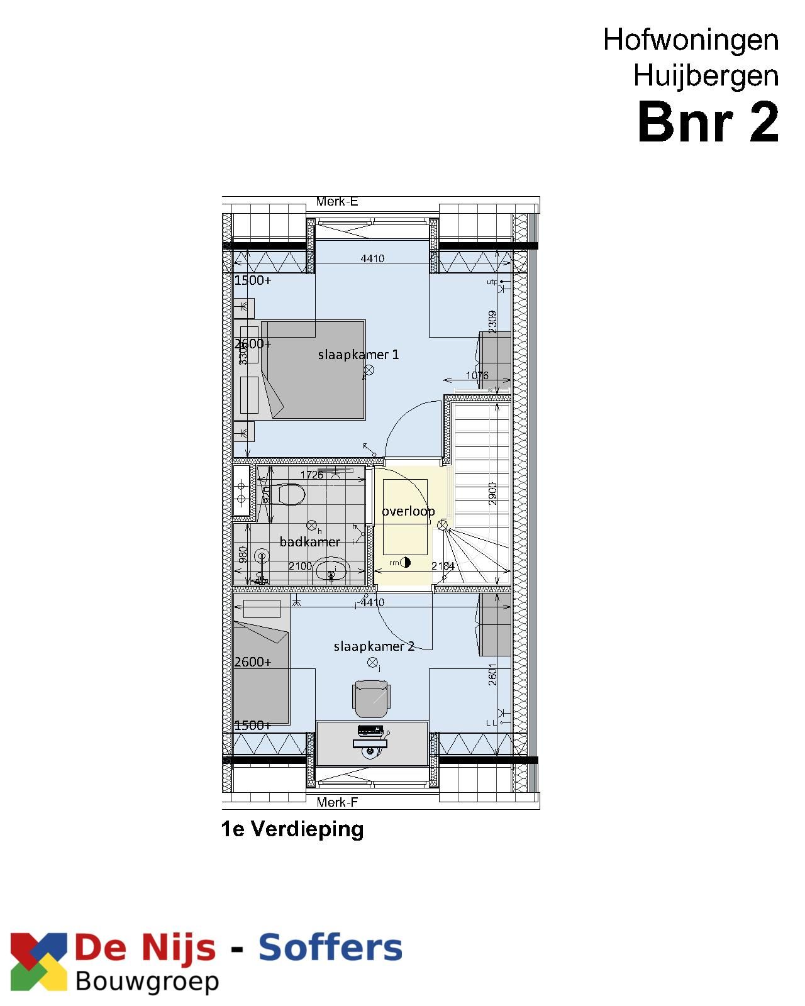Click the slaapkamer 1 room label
[x=358, y=355]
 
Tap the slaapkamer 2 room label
[x=374, y=646]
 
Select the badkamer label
[x=309, y=542]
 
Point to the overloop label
[x=408, y=511]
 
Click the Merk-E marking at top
[x=336, y=202]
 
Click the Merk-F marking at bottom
[x=336, y=802]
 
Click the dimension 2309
[x=492, y=322]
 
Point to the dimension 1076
[x=477, y=376]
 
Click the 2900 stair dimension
[x=492, y=493]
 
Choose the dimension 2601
[x=492, y=675]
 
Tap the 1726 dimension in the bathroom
[x=311, y=475]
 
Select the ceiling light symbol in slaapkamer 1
[x=369, y=370]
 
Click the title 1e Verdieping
[x=292, y=829]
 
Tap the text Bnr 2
[x=708, y=122]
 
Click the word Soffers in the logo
[x=330, y=948]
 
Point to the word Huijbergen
[x=706, y=76]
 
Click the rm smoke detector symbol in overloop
[x=405, y=563]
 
